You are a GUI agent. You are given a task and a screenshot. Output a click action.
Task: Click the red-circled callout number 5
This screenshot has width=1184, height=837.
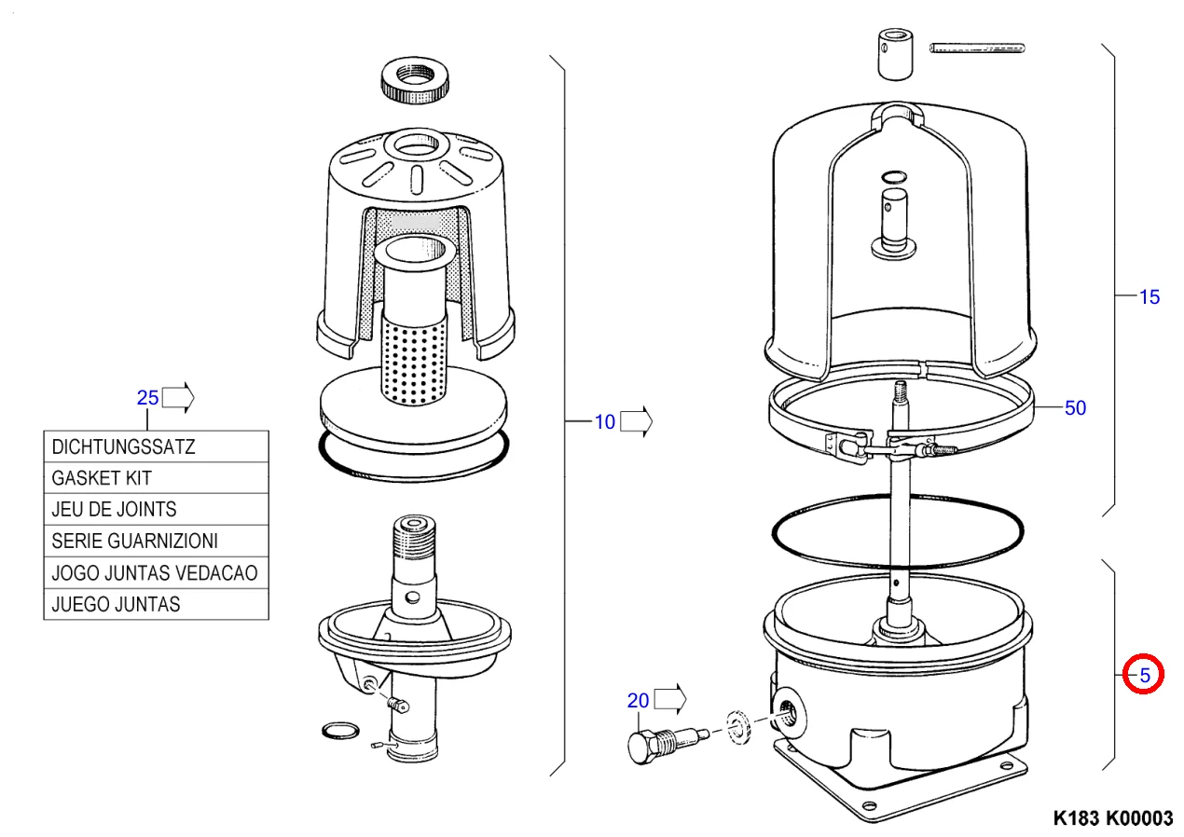click(x=1144, y=673)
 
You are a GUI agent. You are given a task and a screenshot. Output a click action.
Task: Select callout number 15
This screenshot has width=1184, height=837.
click(x=1150, y=297)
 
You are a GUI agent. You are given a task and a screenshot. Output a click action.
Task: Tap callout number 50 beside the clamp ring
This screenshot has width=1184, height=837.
click(x=1075, y=407)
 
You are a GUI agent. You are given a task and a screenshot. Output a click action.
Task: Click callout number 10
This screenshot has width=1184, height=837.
click(x=605, y=422)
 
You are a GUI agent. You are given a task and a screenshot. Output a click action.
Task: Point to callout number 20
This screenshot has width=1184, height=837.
click(x=638, y=700)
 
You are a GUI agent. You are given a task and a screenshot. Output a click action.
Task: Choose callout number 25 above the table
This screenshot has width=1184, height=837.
click(x=147, y=398)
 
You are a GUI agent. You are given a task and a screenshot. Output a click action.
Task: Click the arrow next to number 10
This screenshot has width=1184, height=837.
click(x=636, y=421)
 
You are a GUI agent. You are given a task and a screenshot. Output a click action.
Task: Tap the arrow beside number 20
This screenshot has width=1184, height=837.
click(x=669, y=698)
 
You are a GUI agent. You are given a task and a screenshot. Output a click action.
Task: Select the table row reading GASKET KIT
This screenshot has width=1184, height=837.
click(x=156, y=478)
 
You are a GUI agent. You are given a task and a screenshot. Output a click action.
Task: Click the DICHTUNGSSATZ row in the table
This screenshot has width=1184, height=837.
click(x=156, y=446)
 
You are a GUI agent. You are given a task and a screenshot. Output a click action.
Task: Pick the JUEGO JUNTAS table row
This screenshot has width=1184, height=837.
click(x=156, y=604)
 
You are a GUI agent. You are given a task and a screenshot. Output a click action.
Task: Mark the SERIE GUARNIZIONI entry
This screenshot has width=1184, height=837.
click(x=156, y=541)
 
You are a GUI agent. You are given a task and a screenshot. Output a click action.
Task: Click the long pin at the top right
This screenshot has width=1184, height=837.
click(x=977, y=46)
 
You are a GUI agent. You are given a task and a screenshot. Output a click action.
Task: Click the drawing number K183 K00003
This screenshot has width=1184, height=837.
click(x=1112, y=818)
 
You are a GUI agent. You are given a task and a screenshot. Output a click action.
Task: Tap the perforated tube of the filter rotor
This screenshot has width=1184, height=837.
click(x=410, y=359)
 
